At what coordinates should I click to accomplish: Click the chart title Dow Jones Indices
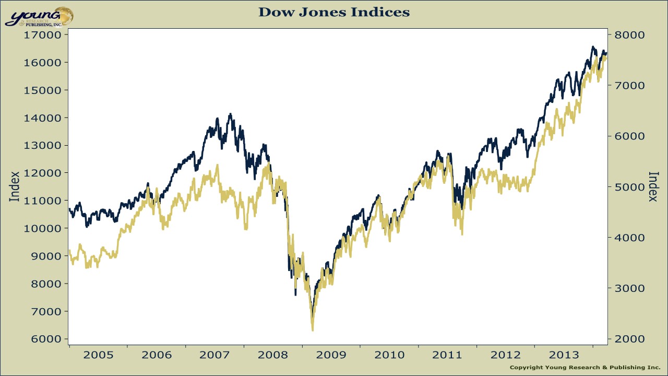pyautogui.click(x=334, y=12)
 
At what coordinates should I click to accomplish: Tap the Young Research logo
pyautogui.click(x=39, y=17)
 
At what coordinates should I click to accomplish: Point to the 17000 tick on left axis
pyautogui.click(x=42, y=35)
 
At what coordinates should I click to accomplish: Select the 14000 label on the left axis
pyautogui.click(x=42, y=118)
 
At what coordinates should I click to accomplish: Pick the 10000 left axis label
pyautogui.click(x=42, y=228)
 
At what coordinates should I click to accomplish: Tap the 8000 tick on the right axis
pyautogui.click(x=629, y=35)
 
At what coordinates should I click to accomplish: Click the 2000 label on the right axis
pyautogui.click(x=629, y=339)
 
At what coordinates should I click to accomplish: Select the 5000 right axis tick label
pyautogui.click(x=629, y=187)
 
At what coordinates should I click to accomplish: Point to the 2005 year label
pyautogui.click(x=98, y=355)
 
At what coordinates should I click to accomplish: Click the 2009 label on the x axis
pyautogui.click(x=331, y=355)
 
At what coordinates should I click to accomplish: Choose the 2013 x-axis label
pyautogui.click(x=564, y=355)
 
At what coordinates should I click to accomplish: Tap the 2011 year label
pyautogui.click(x=448, y=355)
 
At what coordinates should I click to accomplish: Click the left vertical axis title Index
pyautogui.click(x=15, y=186)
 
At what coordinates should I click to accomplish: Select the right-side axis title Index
pyautogui.click(x=653, y=186)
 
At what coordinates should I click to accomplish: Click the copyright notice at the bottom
pyautogui.click(x=584, y=368)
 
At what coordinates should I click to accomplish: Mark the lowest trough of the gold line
pyautogui.click(x=313, y=330)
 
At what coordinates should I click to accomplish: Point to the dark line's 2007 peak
pyautogui.click(x=230, y=114)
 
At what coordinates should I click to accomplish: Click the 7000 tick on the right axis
pyautogui.click(x=629, y=86)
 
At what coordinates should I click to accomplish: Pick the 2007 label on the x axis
pyautogui.click(x=215, y=355)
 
